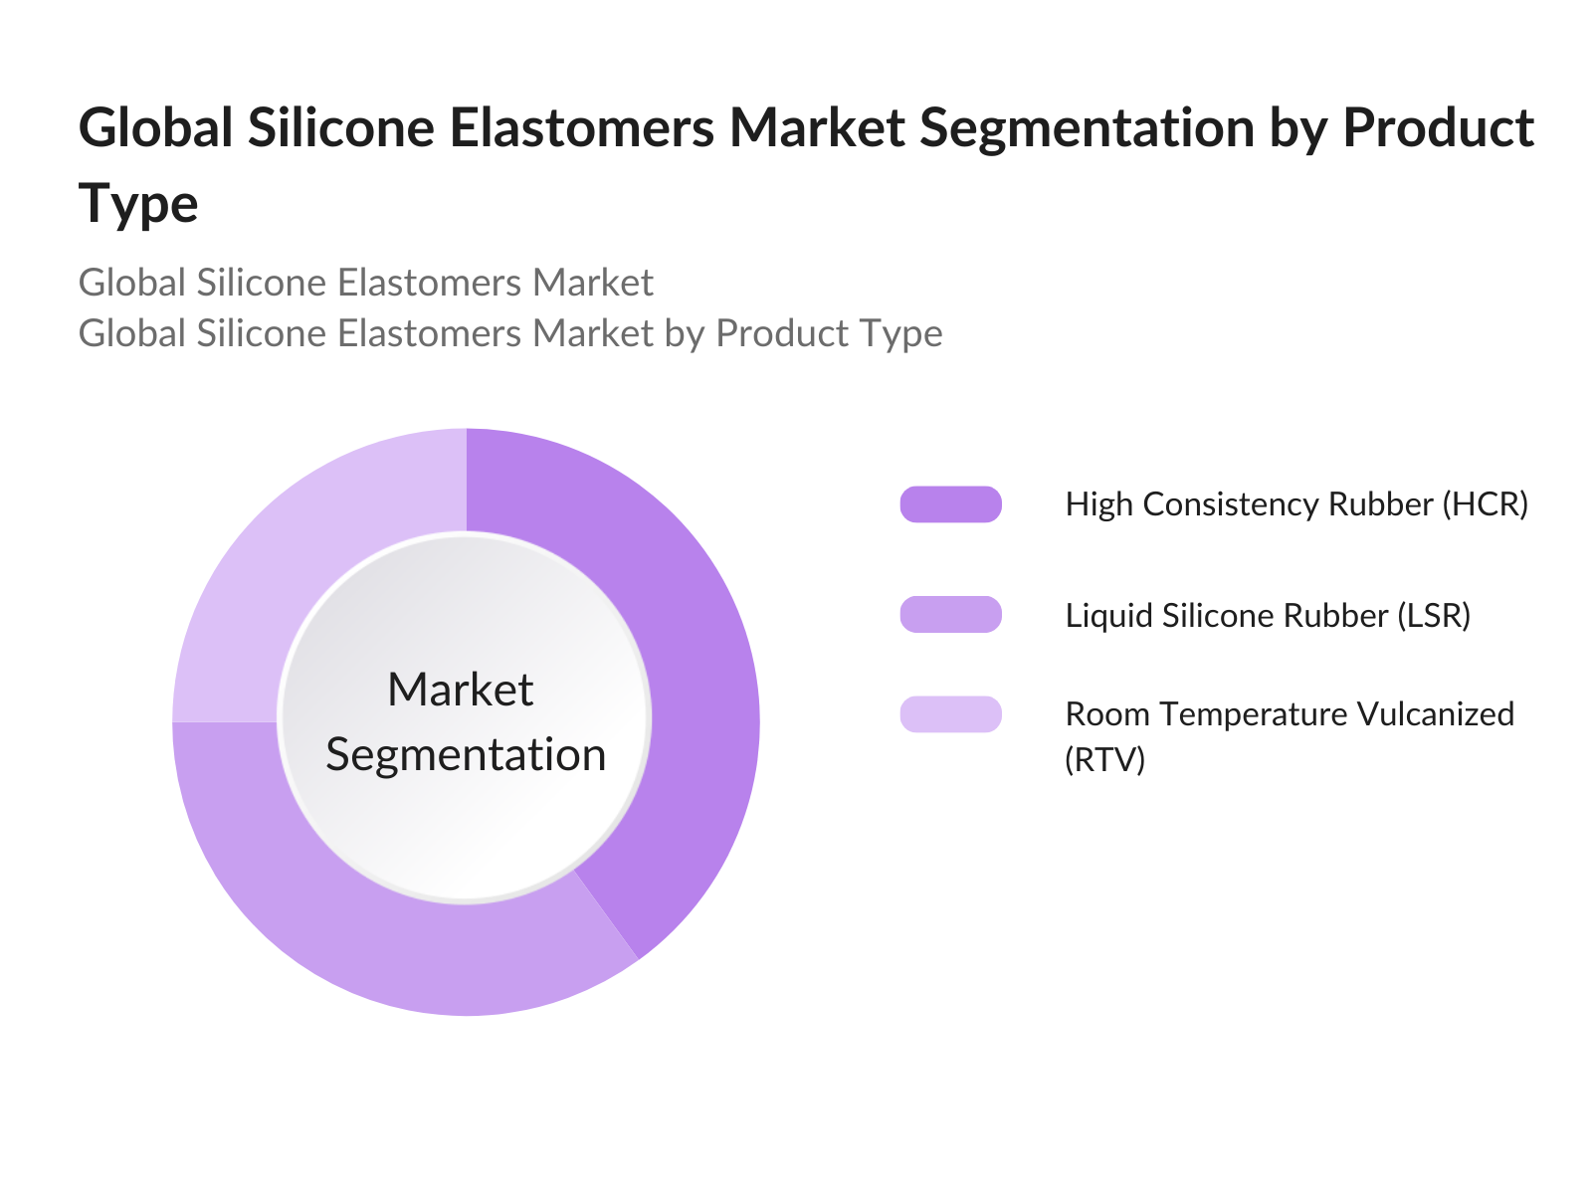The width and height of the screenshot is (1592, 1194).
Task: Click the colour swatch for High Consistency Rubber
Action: pyautogui.click(x=950, y=503)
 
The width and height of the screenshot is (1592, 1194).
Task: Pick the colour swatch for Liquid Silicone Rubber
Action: pyautogui.click(x=950, y=614)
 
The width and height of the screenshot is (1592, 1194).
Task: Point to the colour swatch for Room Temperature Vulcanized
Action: pyautogui.click(x=950, y=714)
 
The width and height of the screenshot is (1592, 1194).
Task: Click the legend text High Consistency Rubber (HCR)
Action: pyautogui.click(x=1296, y=504)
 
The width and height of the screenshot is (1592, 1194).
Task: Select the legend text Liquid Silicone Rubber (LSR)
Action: pyautogui.click(x=1267, y=616)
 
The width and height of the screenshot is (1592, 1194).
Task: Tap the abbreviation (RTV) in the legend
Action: pyautogui.click(x=1104, y=760)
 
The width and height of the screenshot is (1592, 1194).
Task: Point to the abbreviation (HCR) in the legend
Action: pyautogui.click(x=1485, y=504)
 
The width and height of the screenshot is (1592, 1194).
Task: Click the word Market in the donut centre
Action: pyautogui.click(x=461, y=689)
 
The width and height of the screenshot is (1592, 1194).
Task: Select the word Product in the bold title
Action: pyautogui.click(x=1439, y=128)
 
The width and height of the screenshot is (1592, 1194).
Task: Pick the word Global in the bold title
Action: pyautogui.click(x=155, y=127)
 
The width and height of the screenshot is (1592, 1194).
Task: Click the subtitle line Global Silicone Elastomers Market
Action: pyautogui.click(x=365, y=282)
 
